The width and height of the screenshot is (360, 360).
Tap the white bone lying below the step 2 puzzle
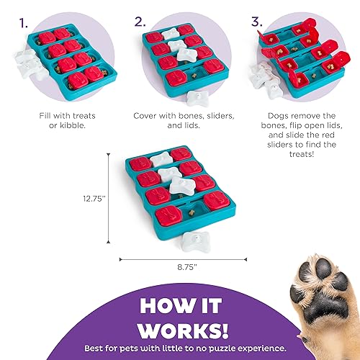pyautogui.click(x=195, y=96)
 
